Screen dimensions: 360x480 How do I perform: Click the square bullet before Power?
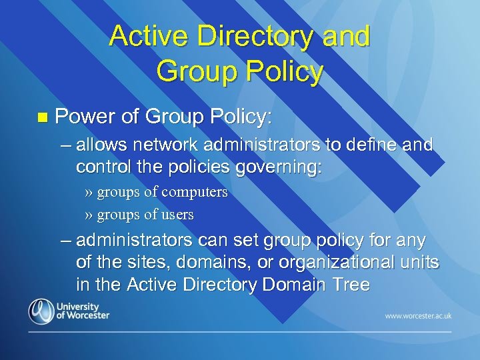(42, 118)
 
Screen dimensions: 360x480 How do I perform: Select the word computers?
(195, 193)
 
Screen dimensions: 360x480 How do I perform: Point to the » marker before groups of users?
(89, 215)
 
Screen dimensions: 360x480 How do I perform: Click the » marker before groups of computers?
(89, 193)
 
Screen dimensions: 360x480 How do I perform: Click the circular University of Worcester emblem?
(41, 311)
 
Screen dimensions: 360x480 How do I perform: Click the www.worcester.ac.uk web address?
(417, 314)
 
